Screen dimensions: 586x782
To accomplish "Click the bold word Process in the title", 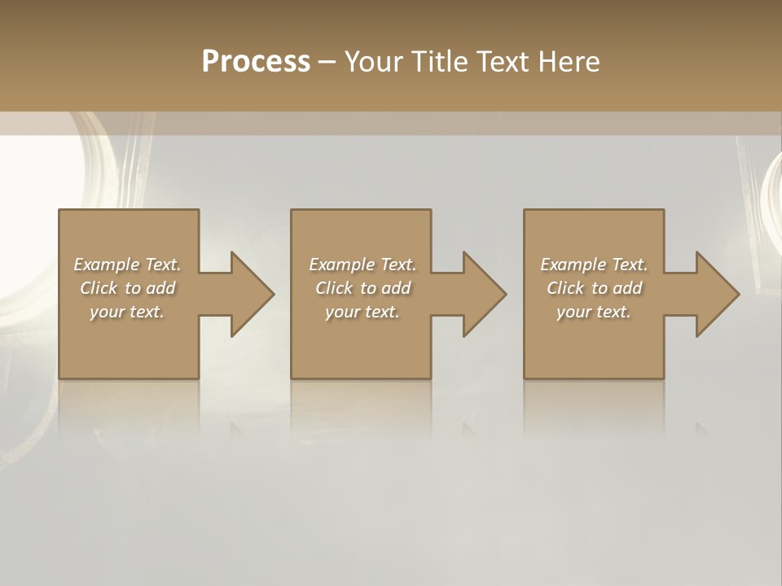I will pyautogui.click(x=256, y=62).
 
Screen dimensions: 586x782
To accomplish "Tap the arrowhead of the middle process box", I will pyautogui.click(x=484, y=294).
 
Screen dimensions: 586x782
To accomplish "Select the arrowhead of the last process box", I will pyautogui.click(x=717, y=294).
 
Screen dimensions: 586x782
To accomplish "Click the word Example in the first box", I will pyautogui.click(x=107, y=265).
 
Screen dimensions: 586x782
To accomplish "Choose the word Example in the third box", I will pyautogui.click(x=573, y=265).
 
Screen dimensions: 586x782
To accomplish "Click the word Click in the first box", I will pyautogui.click(x=98, y=288).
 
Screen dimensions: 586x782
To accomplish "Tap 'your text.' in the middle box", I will pyautogui.click(x=362, y=312).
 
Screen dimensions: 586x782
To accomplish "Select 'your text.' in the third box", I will pyautogui.click(x=593, y=312).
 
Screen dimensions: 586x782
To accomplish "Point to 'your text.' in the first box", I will pyautogui.click(x=126, y=312).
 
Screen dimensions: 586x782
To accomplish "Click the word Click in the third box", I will pyautogui.click(x=565, y=288).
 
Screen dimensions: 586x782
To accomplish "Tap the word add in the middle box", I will pyautogui.click(x=396, y=288).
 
